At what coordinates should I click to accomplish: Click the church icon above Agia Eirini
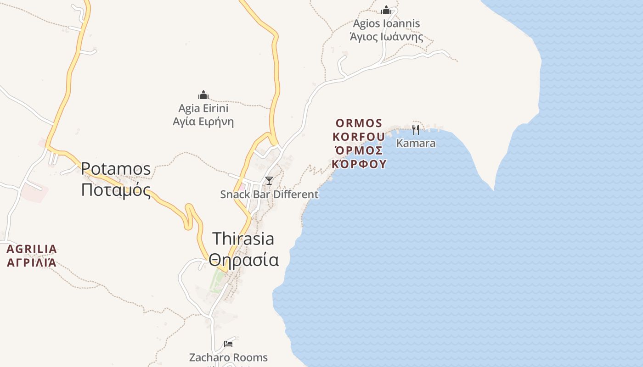(203, 95)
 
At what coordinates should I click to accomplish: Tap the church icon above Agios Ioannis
(386, 10)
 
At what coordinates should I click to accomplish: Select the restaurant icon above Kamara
(416, 130)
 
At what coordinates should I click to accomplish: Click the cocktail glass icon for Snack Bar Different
(269, 181)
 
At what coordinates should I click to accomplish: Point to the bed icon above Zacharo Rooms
(228, 344)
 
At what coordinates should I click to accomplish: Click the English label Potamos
(116, 169)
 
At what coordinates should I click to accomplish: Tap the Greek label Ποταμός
(116, 189)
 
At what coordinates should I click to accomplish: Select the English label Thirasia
(243, 239)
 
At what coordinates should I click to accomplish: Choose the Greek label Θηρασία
(243, 260)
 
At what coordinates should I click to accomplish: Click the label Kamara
(416, 143)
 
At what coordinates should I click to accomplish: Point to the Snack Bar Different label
(269, 195)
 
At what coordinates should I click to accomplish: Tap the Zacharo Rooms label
(228, 357)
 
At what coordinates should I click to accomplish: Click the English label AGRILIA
(32, 249)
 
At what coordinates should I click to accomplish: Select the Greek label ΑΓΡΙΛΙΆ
(32, 263)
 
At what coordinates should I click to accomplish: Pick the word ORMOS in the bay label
(359, 123)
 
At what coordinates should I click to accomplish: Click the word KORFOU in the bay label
(359, 137)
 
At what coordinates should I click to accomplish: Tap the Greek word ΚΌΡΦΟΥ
(359, 164)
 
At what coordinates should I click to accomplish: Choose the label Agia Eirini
(203, 109)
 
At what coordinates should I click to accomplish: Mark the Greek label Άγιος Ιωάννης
(386, 37)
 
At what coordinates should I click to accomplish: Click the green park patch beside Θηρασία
(215, 280)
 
